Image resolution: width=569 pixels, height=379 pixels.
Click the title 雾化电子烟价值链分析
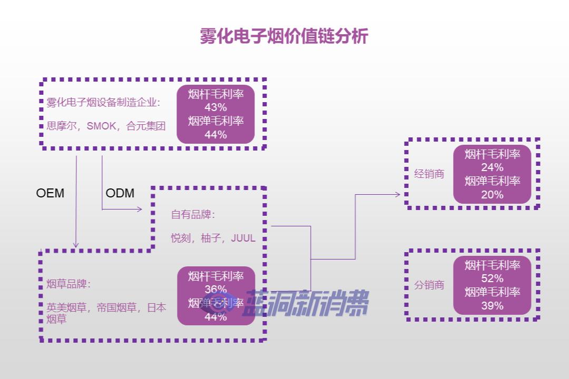click(x=284, y=36)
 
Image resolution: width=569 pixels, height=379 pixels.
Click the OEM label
click(x=50, y=193)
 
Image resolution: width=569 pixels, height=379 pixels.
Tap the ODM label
click(x=120, y=193)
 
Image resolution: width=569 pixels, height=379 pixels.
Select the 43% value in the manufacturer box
click(x=215, y=108)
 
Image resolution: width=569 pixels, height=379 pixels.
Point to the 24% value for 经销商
click(x=492, y=167)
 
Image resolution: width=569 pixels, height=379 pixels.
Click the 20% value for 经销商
click(x=492, y=195)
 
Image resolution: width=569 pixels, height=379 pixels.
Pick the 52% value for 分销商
click(x=492, y=278)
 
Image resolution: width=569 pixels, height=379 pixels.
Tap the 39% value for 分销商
click(x=492, y=306)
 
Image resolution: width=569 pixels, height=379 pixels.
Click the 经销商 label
click(x=429, y=174)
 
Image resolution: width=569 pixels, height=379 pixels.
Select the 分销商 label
click(x=429, y=285)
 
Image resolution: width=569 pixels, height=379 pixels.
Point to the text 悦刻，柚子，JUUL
click(x=213, y=238)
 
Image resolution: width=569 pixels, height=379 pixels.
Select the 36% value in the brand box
click(x=215, y=290)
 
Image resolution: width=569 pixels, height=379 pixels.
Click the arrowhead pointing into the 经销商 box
click(x=398, y=194)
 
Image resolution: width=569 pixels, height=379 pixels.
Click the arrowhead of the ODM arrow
click(x=140, y=210)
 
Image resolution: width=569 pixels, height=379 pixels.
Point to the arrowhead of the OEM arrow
click(x=76, y=245)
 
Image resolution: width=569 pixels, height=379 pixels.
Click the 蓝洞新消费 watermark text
click(x=306, y=304)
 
